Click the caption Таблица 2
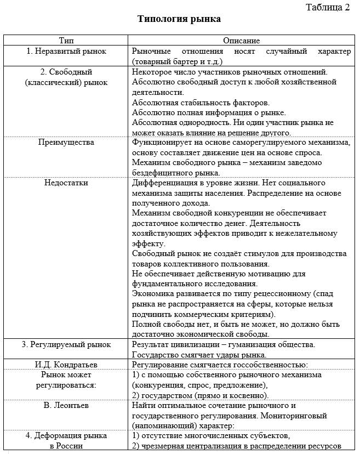click(327, 7)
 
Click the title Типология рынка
click(179, 19)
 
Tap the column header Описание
click(241, 41)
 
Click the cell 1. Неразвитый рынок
click(66, 51)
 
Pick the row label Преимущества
click(66, 142)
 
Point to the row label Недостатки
click(66, 183)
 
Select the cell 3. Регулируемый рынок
click(66, 344)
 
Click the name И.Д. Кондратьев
click(66, 365)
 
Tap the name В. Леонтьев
click(66, 405)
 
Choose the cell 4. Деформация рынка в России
click(66, 440)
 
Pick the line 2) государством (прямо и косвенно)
click(201, 395)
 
